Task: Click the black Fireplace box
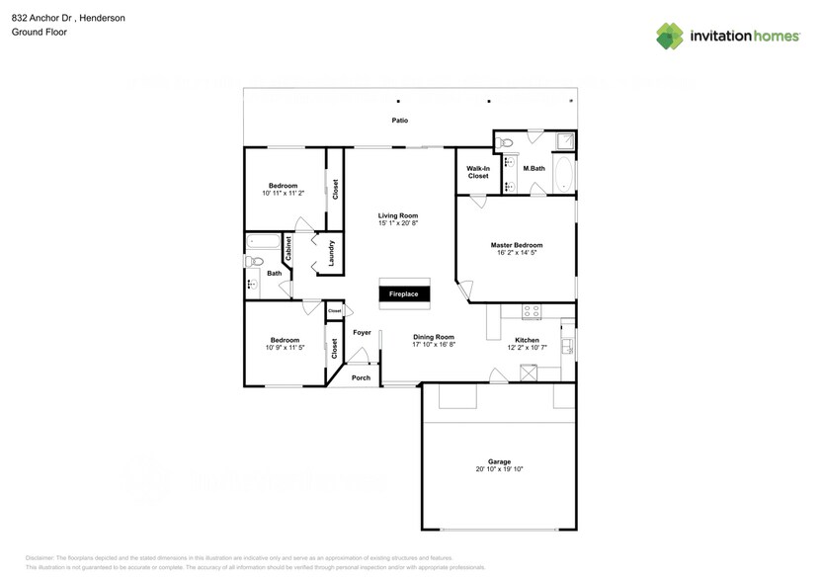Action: [x=402, y=294]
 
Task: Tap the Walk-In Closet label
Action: [x=478, y=172]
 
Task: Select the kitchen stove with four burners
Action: [x=531, y=310]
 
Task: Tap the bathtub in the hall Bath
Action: [x=264, y=240]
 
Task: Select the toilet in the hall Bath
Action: [x=254, y=262]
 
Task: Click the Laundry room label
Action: [x=332, y=253]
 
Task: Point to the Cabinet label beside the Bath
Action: [x=287, y=248]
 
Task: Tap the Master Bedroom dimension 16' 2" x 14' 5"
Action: [x=517, y=253]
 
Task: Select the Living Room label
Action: [x=398, y=215]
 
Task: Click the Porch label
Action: [x=361, y=377]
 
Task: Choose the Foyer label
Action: [x=362, y=333]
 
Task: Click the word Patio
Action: [x=398, y=121]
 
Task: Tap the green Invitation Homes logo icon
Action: [x=671, y=36]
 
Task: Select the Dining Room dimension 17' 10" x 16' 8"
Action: [x=433, y=344]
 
